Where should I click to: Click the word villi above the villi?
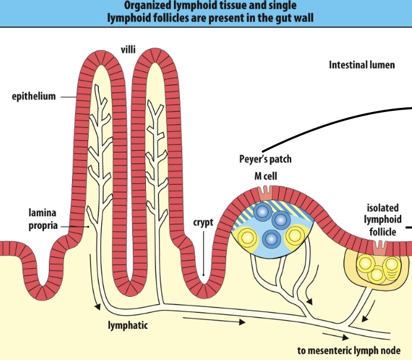click(x=128, y=49)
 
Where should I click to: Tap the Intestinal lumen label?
click(x=362, y=65)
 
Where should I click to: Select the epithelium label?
click(x=34, y=97)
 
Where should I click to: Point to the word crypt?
click(x=203, y=223)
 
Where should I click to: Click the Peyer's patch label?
click(x=266, y=159)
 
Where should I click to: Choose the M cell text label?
click(x=266, y=176)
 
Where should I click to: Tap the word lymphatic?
click(x=127, y=325)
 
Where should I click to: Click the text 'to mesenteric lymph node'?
click(x=349, y=350)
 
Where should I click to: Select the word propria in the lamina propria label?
click(x=43, y=226)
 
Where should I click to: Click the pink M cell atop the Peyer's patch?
click(x=264, y=194)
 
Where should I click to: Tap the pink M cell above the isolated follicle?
click(x=380, y=247)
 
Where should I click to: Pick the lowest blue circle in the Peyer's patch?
click(x=271, y=239)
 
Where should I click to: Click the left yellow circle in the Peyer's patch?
click(x=246, y=237)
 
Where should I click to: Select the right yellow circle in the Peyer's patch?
click(x=295, y=236)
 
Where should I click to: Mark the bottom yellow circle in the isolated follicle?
click(x=377, y=274)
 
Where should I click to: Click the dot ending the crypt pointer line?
click(x=204, y=275)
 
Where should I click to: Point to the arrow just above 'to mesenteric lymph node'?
click(x=336, y=336)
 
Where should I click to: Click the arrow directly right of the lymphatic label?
click(x=214, y=320)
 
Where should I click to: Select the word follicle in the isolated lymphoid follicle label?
click(x=383, y=232)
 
